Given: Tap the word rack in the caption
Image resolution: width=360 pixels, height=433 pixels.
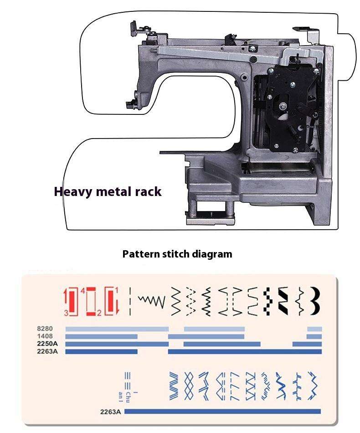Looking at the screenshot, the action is coord(147,191).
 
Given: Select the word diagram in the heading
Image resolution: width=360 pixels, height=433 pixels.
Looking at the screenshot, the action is coord(213,254).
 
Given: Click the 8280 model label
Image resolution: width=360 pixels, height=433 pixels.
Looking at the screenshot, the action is coord(46,329).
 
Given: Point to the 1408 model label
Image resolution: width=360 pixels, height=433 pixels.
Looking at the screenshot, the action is coord(46,336).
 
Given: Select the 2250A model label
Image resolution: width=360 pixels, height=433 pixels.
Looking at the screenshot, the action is coord(47,344).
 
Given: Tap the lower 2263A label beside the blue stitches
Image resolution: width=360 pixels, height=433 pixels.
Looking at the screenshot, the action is coord(111,412).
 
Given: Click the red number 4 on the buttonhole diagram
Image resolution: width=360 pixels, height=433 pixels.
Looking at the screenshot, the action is coord(82,290).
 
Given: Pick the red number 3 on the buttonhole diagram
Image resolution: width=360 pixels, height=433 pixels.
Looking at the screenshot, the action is coord(67,313).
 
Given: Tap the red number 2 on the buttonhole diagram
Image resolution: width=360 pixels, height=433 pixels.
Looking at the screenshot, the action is coord(99,313).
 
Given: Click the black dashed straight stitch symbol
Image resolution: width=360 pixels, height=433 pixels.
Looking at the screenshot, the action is coord(130,301).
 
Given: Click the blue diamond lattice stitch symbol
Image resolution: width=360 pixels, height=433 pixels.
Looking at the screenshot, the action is coord(189,386).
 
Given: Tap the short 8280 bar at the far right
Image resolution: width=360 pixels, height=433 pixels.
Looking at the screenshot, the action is coord(314,329).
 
